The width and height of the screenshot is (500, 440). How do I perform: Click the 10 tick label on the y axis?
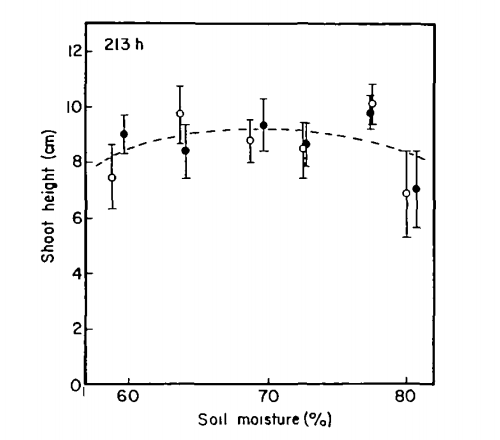(x=74, y=107)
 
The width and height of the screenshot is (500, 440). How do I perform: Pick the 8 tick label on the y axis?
(x=76, y=163)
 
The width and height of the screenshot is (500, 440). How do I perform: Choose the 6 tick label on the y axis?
(x=76, y=218)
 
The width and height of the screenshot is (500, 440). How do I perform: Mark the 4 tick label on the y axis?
(x=76, y=274)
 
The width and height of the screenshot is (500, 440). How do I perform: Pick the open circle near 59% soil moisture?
(x=112, y=177)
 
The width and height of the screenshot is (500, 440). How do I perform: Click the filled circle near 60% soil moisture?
(x=124, y=134)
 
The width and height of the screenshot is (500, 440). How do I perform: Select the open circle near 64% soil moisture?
(x=180, y=114)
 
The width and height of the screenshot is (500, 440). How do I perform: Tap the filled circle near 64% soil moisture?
(x=186, y=151)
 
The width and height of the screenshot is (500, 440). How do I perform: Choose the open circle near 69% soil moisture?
(x=250, y=141)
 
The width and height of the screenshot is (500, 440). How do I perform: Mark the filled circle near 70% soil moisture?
(x=263, y=126)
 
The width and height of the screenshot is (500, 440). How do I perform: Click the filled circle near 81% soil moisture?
(x=416, y=189)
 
